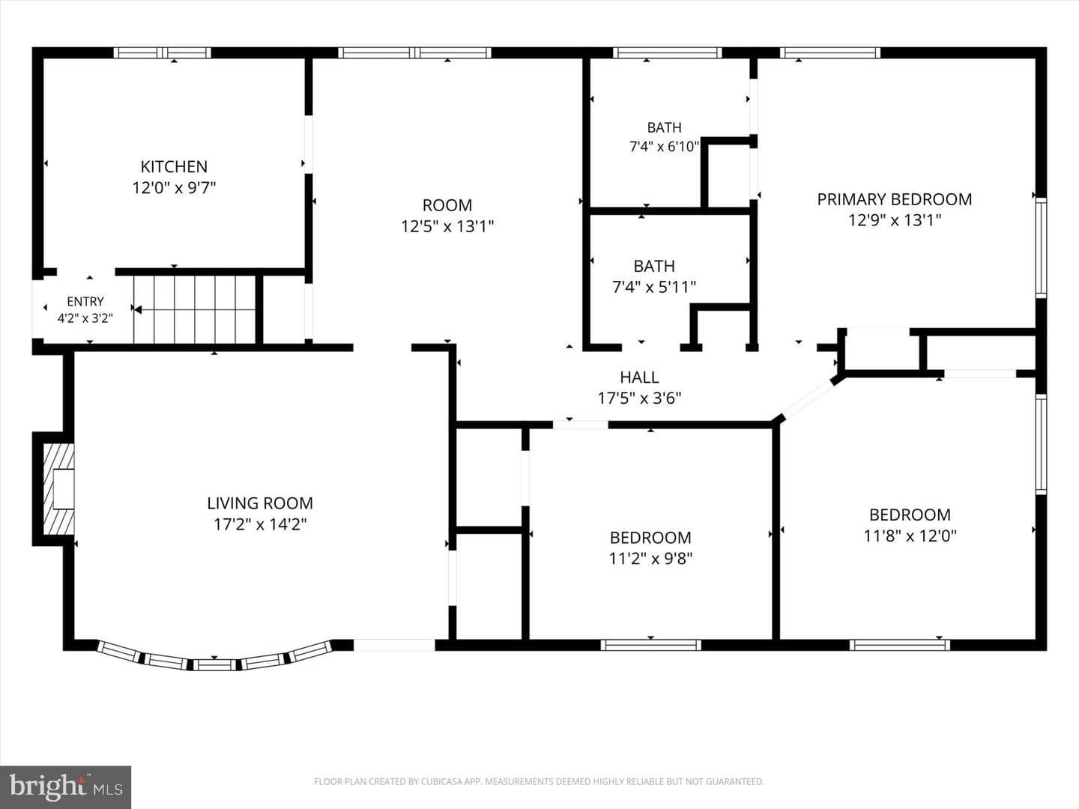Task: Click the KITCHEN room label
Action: pos(174,167)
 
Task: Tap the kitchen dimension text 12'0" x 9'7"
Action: pos(174,187)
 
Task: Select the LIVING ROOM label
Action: pos(260,503)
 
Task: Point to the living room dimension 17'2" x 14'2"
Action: pos(260,524)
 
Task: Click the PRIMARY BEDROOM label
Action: pos(895,199)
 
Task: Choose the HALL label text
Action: pos(639,378)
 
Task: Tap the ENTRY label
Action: pos(85,301)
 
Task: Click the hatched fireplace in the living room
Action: pos(59,489)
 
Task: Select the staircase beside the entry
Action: pos(195,309)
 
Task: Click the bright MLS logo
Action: pos(65,787)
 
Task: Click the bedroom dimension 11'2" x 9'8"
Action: pos(651,559)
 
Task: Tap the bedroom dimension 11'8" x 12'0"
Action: pos(910,536)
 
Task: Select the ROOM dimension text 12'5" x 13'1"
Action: pos(447,226)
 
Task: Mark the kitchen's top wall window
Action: pos(162,52)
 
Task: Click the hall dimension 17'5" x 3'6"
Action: pos(639,398)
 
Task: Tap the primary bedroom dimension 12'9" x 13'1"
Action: pos(895,220)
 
